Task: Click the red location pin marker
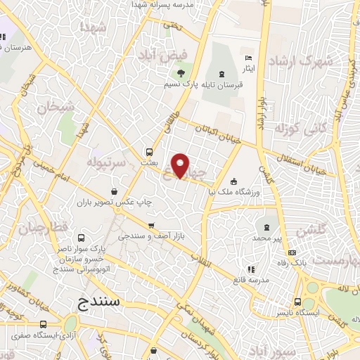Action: (181, 165)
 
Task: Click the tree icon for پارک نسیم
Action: (181, 72)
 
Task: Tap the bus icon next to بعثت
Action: (148, 151)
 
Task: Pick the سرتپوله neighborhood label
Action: (105, 162)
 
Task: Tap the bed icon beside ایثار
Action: (247, 58)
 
